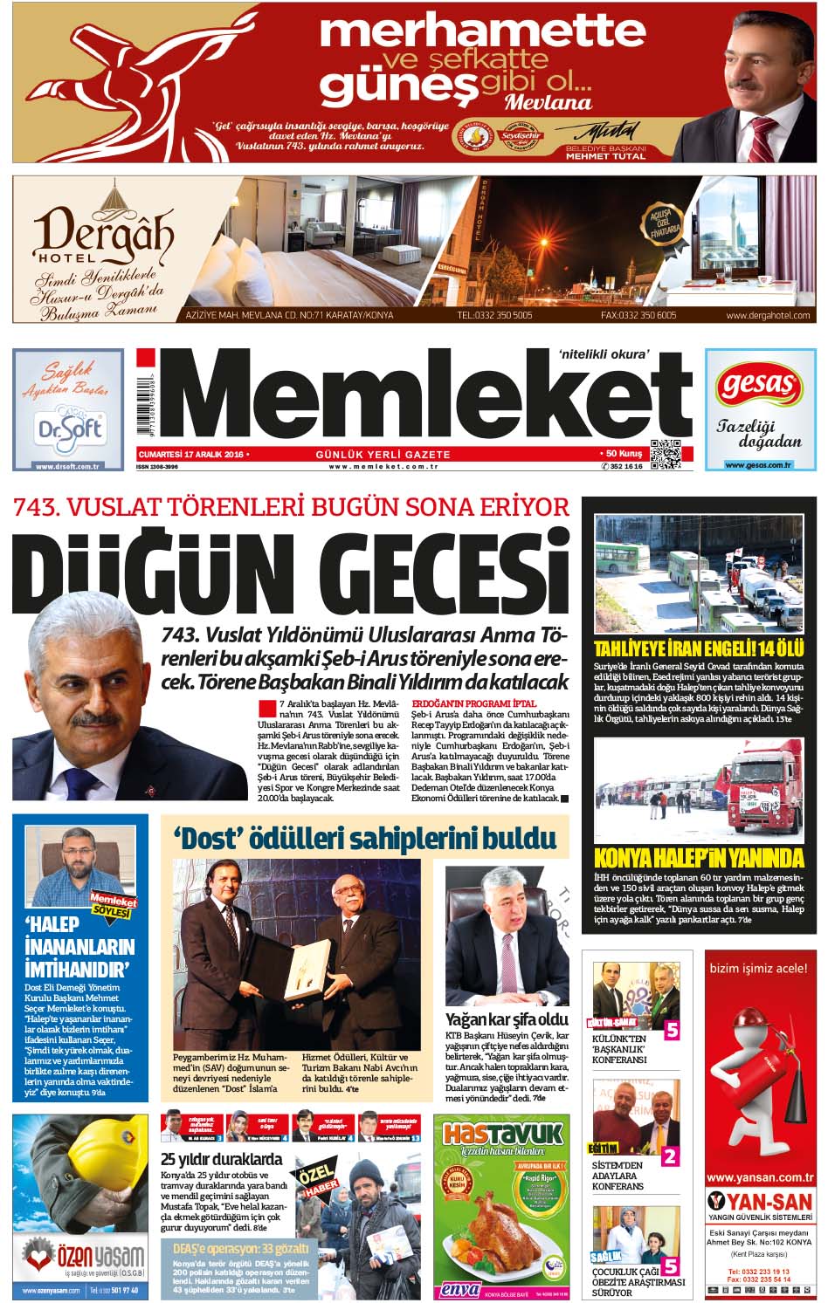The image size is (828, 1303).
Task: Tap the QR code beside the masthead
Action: [665, 455]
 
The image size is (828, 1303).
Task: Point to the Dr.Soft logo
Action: [69, 428]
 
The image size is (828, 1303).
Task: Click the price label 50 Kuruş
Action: [622, 455]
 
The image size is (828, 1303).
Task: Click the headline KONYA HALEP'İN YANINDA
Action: [698, 857]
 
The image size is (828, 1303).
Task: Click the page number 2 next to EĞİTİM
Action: [670, 1157]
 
